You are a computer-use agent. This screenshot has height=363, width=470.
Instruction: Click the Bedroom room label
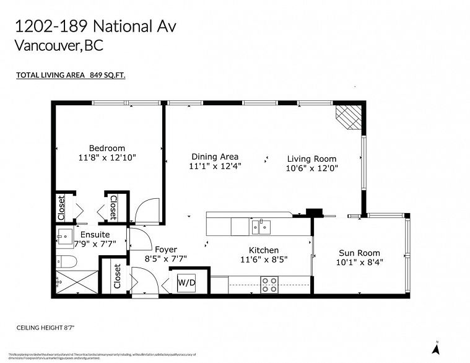(107, 148)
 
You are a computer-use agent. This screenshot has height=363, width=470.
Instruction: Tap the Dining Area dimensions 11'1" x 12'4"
(215, 166)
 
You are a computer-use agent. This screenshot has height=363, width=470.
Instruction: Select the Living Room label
(311, 159)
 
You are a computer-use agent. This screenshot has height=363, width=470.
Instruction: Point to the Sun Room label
(359, 253)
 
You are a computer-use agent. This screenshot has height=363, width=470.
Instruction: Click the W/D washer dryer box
(187, 282)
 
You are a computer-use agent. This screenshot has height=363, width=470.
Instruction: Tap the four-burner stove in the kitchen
(269, 285)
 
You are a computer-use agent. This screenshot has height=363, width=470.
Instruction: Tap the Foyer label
(167, 250)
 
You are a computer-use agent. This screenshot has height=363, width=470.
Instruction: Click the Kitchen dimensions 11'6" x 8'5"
(264, 260)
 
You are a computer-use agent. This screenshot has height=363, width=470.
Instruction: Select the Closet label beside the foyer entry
(117, 277)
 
